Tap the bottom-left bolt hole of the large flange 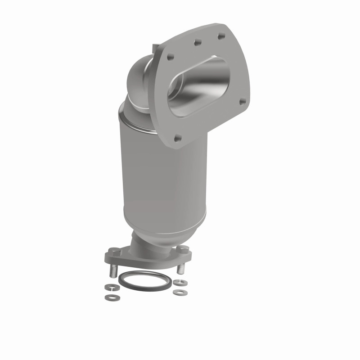[x=177, y=138]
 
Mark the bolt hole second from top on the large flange [x=196, y=43]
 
